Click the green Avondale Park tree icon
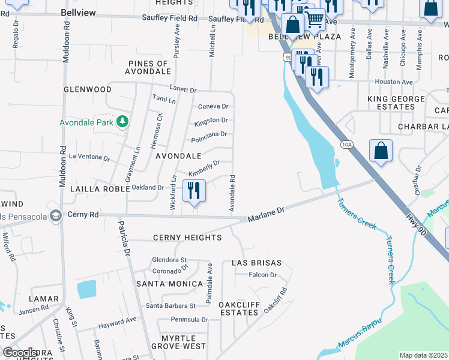[x=122, y=122]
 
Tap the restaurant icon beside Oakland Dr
[x=194, y=191]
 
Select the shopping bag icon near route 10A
[x=381, y=151]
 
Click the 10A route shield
[x=346, y=145]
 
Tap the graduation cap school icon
[x=56, y=215]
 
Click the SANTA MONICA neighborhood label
[x=169, y=283]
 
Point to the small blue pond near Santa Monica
[x=86, y=289]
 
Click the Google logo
[x=20, y=353]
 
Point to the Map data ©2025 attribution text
[x=423, y=355]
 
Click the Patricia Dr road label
[x=124, y=239]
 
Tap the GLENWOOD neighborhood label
[x=88, y=89]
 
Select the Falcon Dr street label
[x=263, y=275]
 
